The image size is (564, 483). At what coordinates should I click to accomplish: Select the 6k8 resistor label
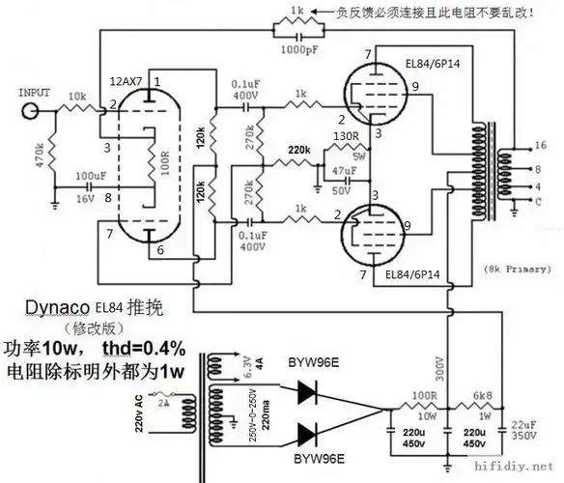481,397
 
